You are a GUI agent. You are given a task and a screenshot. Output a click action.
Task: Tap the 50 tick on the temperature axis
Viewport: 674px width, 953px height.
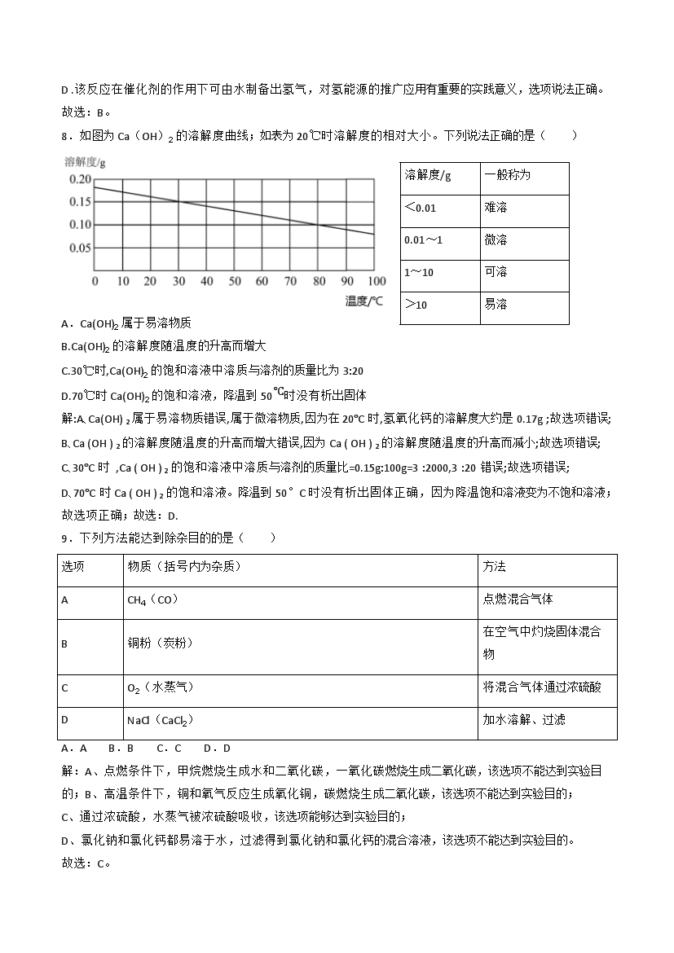tap(234, 281)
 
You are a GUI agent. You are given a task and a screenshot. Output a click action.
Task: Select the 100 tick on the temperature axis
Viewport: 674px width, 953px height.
tap(376, 281)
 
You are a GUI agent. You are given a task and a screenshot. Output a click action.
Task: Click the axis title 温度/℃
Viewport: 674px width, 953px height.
tap(363, 301)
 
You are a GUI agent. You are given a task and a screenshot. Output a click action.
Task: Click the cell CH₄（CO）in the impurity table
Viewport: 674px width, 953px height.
tap(152, 600)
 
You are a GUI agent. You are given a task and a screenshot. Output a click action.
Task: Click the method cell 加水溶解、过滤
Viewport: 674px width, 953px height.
tap(524, 720)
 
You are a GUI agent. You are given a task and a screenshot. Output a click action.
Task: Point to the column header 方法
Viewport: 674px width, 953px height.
tap(494, 567)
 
